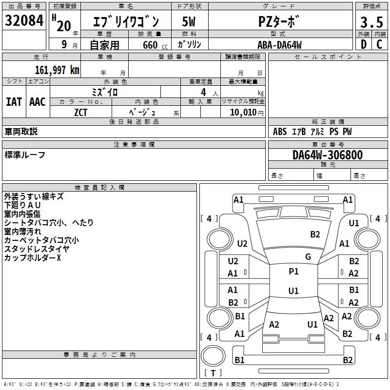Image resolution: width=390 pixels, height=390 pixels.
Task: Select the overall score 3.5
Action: point(370,22)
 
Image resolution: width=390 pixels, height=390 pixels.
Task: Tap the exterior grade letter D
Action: point(363,44)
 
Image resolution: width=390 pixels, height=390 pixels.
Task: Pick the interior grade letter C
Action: point(379,44)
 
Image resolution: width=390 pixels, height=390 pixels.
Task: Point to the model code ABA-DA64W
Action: point(279,45)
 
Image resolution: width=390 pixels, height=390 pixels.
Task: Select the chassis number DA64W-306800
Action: point(327,155)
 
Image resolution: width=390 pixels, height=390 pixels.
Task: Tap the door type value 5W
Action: point(190,22)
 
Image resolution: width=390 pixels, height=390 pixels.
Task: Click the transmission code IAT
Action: point(14,101)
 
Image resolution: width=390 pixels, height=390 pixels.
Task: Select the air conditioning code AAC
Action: point(38,101)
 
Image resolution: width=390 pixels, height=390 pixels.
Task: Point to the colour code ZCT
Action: point(80,113)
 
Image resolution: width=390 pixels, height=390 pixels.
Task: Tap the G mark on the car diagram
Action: point(308,257)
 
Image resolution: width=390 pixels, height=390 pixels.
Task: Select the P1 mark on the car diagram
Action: point(293,272)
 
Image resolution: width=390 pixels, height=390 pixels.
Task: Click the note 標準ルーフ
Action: point(25,155)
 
